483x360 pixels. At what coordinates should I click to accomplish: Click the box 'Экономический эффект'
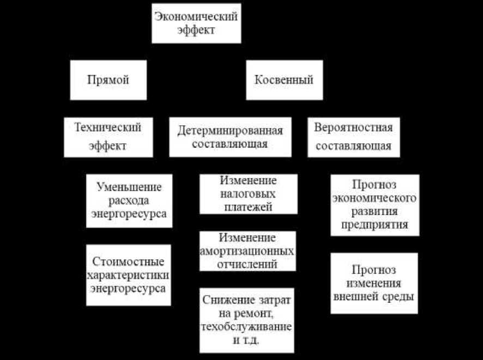tap(196, 23)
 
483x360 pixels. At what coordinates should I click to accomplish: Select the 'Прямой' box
tap(108, 80)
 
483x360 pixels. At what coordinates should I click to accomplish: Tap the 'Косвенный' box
tap(284, 80)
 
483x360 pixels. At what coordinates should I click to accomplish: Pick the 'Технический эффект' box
tap(108, 137)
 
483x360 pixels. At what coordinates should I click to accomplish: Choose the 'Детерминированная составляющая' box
tap(230, 137)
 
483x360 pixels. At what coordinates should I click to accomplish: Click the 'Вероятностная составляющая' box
tap(353, 137)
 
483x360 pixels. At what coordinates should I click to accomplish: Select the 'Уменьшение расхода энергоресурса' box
tap(129, 200)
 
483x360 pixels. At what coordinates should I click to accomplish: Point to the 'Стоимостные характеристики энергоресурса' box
tap(129, 275)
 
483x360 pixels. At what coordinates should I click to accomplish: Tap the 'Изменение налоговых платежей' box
tap(248, 194)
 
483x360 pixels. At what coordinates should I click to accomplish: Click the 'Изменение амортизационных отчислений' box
tap(247, 251)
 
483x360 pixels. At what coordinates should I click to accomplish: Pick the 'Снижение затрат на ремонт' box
tap(247, 320)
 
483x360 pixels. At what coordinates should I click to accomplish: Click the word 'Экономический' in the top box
tap(196, 16)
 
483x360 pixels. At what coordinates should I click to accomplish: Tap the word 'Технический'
tap(108, 128)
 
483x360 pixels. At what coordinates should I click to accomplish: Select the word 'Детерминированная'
tap(230, 131)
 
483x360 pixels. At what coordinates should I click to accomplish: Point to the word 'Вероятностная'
tap(353, 128)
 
